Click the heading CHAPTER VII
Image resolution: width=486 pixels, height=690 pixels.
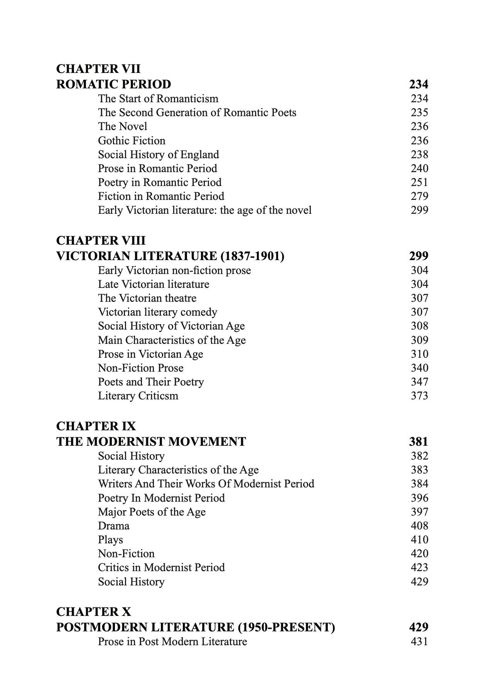pyautogui.click(x=98, y=69)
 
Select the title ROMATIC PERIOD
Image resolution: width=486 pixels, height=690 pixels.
pyautogui.click(x=113, y=84)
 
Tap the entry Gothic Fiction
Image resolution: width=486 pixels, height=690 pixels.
pyautogui.click(x=132, y=140)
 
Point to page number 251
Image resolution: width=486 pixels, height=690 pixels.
pyautogui.click(x=419, y=182)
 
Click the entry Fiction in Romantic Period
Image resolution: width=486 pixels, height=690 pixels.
pyautogui.click(x=161, y=196)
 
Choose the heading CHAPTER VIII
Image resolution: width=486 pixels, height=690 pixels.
pyautogui.click(x=101, y=241)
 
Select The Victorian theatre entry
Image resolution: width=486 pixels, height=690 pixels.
pyautogui.click(x=147, y=298)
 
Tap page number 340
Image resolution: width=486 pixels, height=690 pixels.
pyautogui.click(x=419, y=368)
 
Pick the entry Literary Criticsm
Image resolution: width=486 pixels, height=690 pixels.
pyautogui.click(x=138, y=396)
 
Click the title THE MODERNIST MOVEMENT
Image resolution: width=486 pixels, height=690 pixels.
pyautogui.click(x=151, y=441)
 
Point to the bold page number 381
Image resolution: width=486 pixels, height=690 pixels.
pyautogui.click(x=418, y=441)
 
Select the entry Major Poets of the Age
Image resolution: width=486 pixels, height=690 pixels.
pyautogui.click(x=152, y=512)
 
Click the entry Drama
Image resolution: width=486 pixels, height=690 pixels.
pyautogui.click(x=113, y=526)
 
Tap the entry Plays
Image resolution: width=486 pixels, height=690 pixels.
pyautogui.click(x=110, y=539)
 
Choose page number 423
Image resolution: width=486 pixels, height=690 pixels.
pyautogui.click(x=419, y=567)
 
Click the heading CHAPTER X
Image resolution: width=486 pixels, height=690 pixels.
pyautogui.click(x=93, y=612)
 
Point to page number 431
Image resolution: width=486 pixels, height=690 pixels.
pyautogui.click(x=419, y=641)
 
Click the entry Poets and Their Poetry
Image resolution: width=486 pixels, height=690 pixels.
pyautogui.click(x=151, y=382)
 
